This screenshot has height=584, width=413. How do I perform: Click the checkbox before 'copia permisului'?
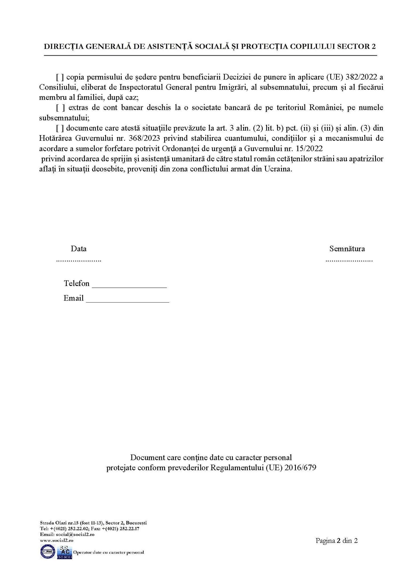[x=60, y=77]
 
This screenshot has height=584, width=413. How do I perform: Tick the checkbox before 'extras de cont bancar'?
[x=60, y=108]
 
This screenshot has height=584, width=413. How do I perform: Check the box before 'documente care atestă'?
[x=60, y=128]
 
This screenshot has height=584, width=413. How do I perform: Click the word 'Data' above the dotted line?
[x=79, y=249]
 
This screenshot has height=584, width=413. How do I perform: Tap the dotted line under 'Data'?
[x=79, y=261]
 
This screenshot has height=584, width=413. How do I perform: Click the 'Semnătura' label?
[x=347, y=249]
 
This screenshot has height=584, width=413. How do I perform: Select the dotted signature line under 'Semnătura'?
[x=349, y=261]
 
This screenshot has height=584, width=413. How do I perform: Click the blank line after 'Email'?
[x=127, y=301]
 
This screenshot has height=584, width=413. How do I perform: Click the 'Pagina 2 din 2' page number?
[x=336, y=541]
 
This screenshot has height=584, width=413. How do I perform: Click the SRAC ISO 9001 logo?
[x=64, y=552]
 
